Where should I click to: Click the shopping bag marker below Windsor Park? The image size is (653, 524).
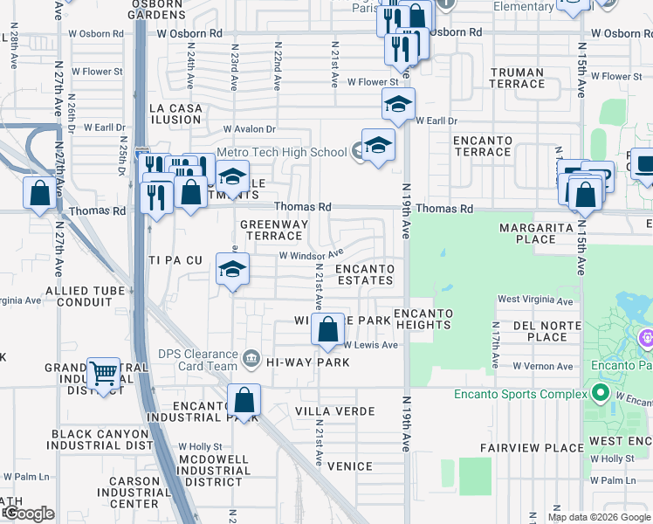click(x=328, y=331)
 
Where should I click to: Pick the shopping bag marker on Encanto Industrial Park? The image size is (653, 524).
click(x=244, y=401)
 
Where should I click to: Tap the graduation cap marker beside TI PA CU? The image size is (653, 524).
click(x=232, y=270)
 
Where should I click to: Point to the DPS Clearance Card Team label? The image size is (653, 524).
click(x=197, y=360)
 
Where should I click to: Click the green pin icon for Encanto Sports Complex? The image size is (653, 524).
click(x=600, y=394)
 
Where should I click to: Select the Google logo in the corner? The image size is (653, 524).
click(x=28, y=514)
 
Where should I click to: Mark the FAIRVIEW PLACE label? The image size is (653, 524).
click(x=532, y=448)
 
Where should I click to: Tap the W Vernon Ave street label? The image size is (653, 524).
click(x=542, y=366)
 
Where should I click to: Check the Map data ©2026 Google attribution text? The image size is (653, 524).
click(x=598, y=517)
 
